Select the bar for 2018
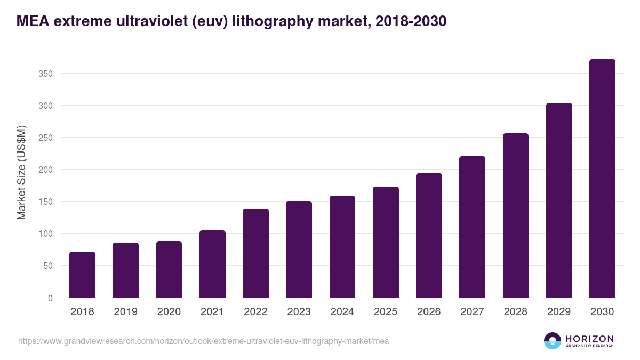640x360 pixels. coord(82,275)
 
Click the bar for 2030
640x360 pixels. coord(602,179)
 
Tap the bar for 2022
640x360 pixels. coord(255,253)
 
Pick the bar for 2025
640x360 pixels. coord(386,242)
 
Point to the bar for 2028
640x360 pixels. coord(516,215)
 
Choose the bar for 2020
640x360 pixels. coord(169,269)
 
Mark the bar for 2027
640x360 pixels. coord(472,227)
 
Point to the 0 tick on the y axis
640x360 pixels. coord(50,298)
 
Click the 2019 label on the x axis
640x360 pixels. coord(125,312)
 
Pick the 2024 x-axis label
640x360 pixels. coord(342,312)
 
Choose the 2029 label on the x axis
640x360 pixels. coord(559,312)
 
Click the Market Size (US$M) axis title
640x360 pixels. coord(21,172)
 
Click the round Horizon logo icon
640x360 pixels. coord(553,341)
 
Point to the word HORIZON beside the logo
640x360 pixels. coord(589,338)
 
